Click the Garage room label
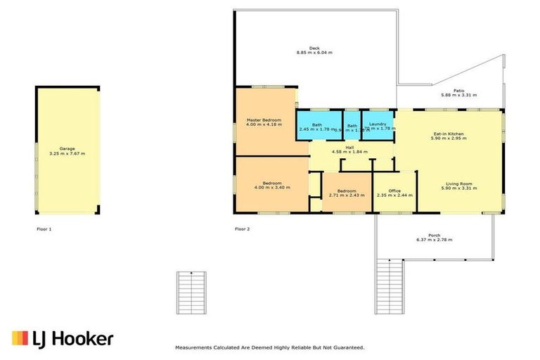pos(67,148)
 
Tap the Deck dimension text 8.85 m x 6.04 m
pos(314,53)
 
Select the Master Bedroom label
pos(264,120)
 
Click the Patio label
pos(458,90)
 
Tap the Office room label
pos(394,191)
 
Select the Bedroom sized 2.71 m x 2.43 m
pos(346,193)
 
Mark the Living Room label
pos(458,184)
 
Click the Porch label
pos(435,235)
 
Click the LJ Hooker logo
pos(63,339)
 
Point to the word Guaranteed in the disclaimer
pos(346,347)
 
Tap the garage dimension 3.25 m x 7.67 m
pos(67,153)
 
